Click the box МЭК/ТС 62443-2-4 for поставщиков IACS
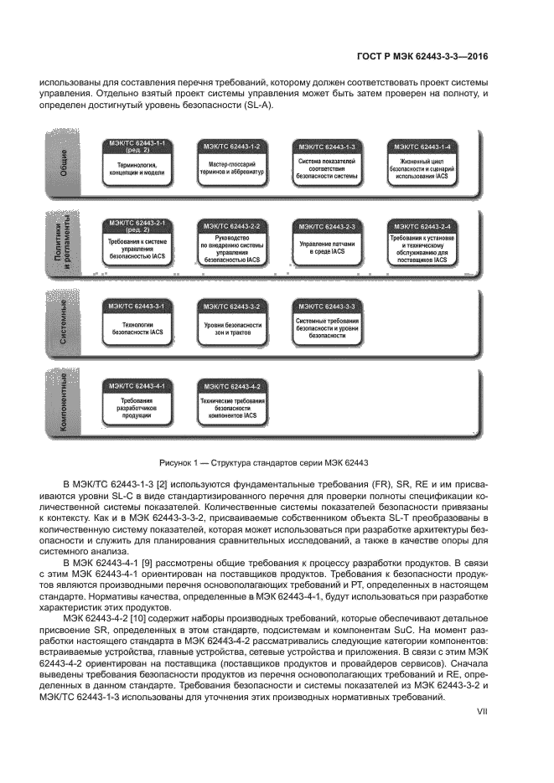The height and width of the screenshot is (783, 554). pyautogui.click(x=423, y=242)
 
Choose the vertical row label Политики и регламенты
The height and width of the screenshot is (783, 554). pyautogui.click(x=64, y=242)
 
